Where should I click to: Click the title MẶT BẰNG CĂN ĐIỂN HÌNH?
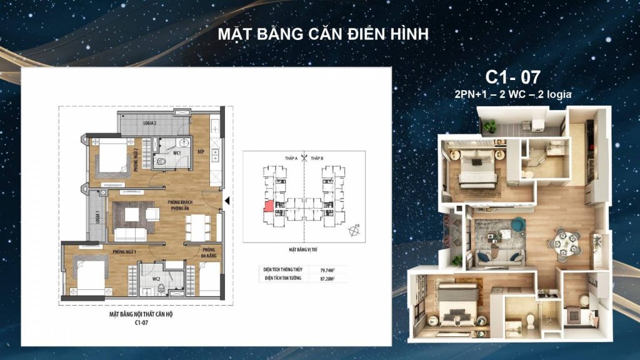pos(323,34)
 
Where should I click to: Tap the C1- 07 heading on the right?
pos(512,77)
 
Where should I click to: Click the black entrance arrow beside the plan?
pos(228,201)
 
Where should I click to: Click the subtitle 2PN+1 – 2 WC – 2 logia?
pos(514,94)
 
